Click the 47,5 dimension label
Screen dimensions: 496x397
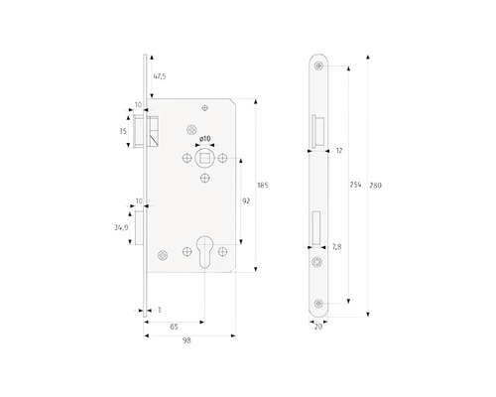pos(160,76)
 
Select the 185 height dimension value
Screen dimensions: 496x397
pos(263,186)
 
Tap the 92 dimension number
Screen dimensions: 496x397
pos(246,200)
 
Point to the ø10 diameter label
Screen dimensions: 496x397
pos(205,139)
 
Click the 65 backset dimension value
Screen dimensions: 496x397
pos(174,327)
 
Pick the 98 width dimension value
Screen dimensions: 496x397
pos(186,340)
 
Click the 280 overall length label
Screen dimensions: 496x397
pos(376,186)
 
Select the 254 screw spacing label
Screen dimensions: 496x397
pos(355,185)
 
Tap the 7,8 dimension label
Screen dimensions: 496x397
pos(336,247)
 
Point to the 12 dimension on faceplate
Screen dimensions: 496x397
pos(339,151)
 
